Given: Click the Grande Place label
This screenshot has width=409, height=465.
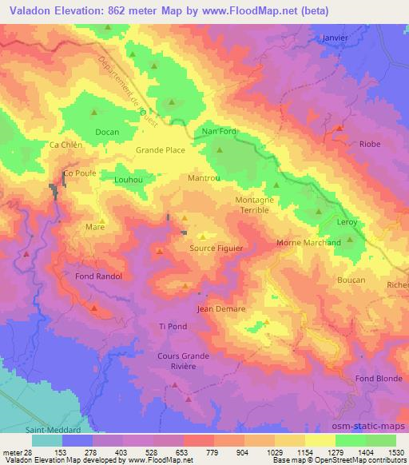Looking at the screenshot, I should [161, 149].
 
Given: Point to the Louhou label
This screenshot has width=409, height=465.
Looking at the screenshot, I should [128, 181].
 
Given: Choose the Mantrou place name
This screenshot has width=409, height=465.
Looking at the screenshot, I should [204, 178].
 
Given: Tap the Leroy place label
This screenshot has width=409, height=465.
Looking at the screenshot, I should [347, 222].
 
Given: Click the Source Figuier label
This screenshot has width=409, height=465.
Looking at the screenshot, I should [216, 248].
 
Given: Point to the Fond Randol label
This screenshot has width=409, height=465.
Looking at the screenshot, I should [98, 276].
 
